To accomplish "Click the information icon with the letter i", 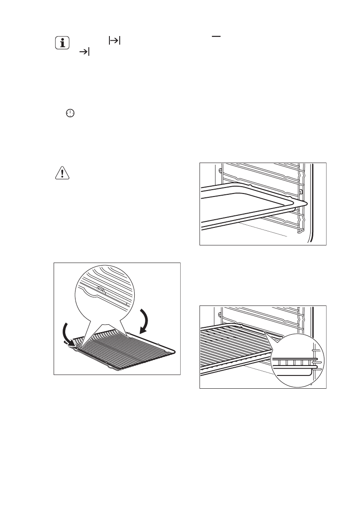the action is (63, 43).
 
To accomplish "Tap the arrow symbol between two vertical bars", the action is (115, 40).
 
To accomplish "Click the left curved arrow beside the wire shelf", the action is (67, 333).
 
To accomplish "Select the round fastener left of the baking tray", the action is (220, 171).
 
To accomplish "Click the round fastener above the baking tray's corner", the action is (300, 191).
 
